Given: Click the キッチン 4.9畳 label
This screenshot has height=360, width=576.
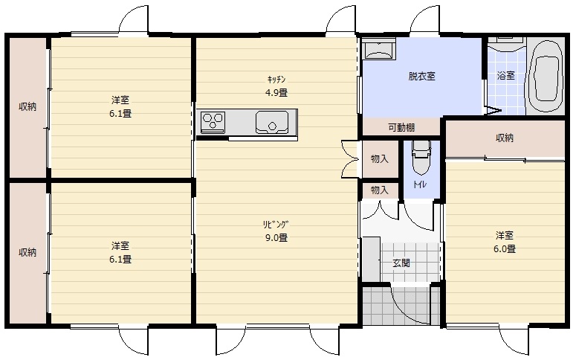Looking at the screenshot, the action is tap(276, 86).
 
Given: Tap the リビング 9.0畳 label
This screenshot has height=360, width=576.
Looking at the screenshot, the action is tap(276, 231).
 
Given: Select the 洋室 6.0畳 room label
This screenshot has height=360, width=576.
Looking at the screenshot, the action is tap(505, 242).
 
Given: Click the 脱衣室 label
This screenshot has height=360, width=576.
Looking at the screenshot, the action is tap(421, 76).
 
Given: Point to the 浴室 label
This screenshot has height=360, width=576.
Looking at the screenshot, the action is tap(506, 75).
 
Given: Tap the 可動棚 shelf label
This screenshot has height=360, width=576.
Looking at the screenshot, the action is tap(401, 128).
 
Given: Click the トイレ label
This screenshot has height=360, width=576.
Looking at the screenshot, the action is tap(420, 184).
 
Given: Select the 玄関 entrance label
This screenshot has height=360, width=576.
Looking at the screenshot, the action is tap(401, 263).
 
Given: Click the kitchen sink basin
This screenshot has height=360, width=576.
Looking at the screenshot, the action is tap(272, 122).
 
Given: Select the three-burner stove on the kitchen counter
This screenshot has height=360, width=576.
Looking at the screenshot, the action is tap(213, 122).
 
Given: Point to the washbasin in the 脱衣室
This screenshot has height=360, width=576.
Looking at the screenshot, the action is tap(379, 50).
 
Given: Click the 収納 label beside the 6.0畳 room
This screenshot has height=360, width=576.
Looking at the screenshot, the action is tap(505, 138).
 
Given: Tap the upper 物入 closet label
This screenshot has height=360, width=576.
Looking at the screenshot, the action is tap(380, 159).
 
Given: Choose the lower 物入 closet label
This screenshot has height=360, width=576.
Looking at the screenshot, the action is tap(380, 190).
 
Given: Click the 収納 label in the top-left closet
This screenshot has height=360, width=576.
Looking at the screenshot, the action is tap(27, 106).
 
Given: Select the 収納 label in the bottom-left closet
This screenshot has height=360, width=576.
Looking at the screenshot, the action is tap(27, 253).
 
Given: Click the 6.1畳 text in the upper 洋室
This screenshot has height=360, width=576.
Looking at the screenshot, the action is tap(120, 113).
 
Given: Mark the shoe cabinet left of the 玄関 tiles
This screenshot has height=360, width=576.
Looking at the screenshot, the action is tap(371, 260).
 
